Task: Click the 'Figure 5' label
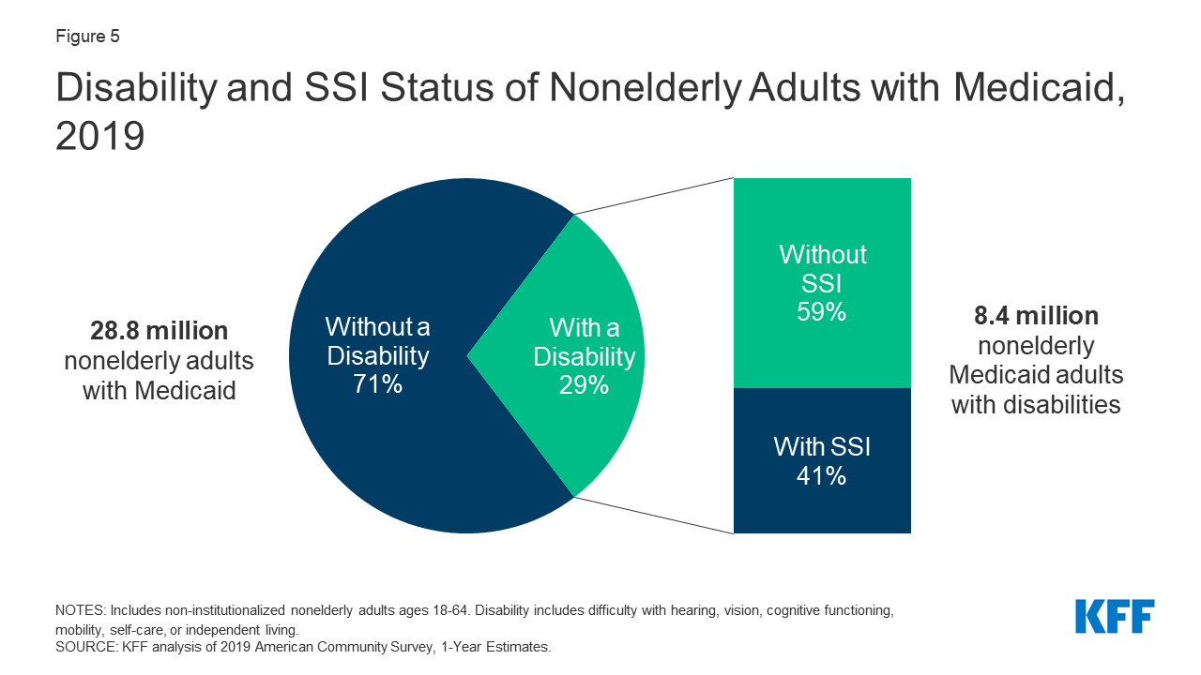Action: [87, 37]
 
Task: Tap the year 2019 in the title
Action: [100, 136]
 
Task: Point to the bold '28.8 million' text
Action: [159, 331]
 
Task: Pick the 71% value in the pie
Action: [377, 383]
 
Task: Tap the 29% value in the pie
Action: [584, 383]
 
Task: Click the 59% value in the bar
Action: [822, 311]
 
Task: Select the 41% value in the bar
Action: [822, 475]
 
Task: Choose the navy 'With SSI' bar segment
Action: [822, 506]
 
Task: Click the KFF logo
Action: [1115, 617]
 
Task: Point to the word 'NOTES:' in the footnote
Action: [81, 610]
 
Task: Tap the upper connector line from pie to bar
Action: [653, 196]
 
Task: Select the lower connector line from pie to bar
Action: [653, 515]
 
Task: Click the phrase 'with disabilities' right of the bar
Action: [1036, 405]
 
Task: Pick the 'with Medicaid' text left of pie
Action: [159, 391]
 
